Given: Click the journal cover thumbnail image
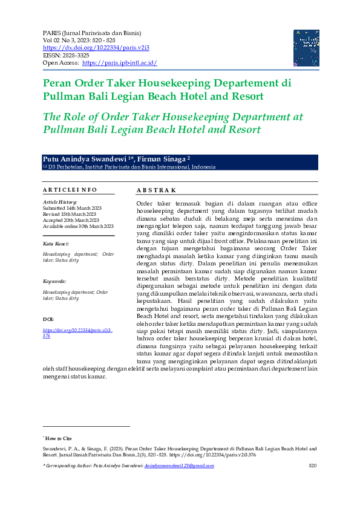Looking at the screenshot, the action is (x=302, y=48).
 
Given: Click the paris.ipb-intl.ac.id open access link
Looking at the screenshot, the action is (x=119, y=63).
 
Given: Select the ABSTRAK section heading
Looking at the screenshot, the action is (x=156, y=190).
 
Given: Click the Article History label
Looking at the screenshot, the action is (x=60, y=201).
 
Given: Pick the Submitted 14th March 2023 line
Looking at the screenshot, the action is (x=72, y=208).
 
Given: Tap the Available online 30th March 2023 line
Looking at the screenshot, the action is (x=78, y=226).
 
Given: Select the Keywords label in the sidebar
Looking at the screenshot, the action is (x=54, y=282).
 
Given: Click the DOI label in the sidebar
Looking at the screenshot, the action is (x=48, y=318).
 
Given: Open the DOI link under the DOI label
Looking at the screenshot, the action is (x=77, y=330).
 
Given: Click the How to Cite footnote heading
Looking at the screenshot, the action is (x=58, y=438).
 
